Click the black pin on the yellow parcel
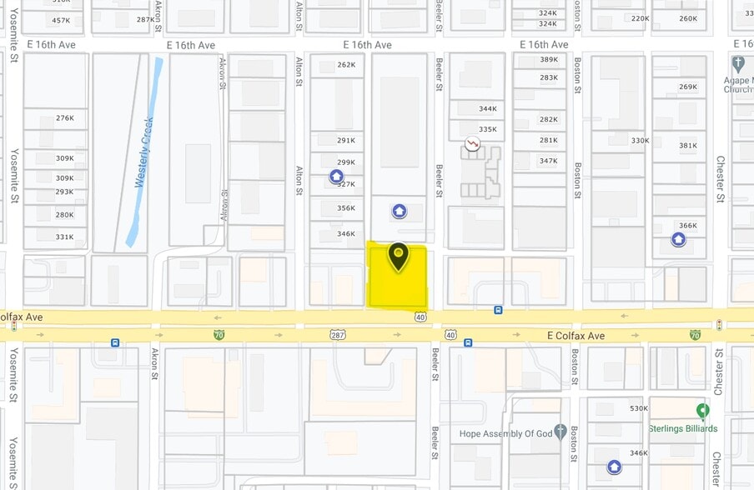400,257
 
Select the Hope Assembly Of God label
506,433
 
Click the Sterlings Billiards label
682,428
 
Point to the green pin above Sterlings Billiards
703,411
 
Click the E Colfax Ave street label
576,335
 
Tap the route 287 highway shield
337,334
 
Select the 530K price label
639,408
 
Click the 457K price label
61,20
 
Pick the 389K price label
548,59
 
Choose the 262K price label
346,64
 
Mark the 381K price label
687,145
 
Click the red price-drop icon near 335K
473,144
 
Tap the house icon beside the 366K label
679,240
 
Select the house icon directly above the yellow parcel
400,211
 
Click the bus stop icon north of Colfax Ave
498,310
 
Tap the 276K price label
64,118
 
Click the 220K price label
640,18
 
